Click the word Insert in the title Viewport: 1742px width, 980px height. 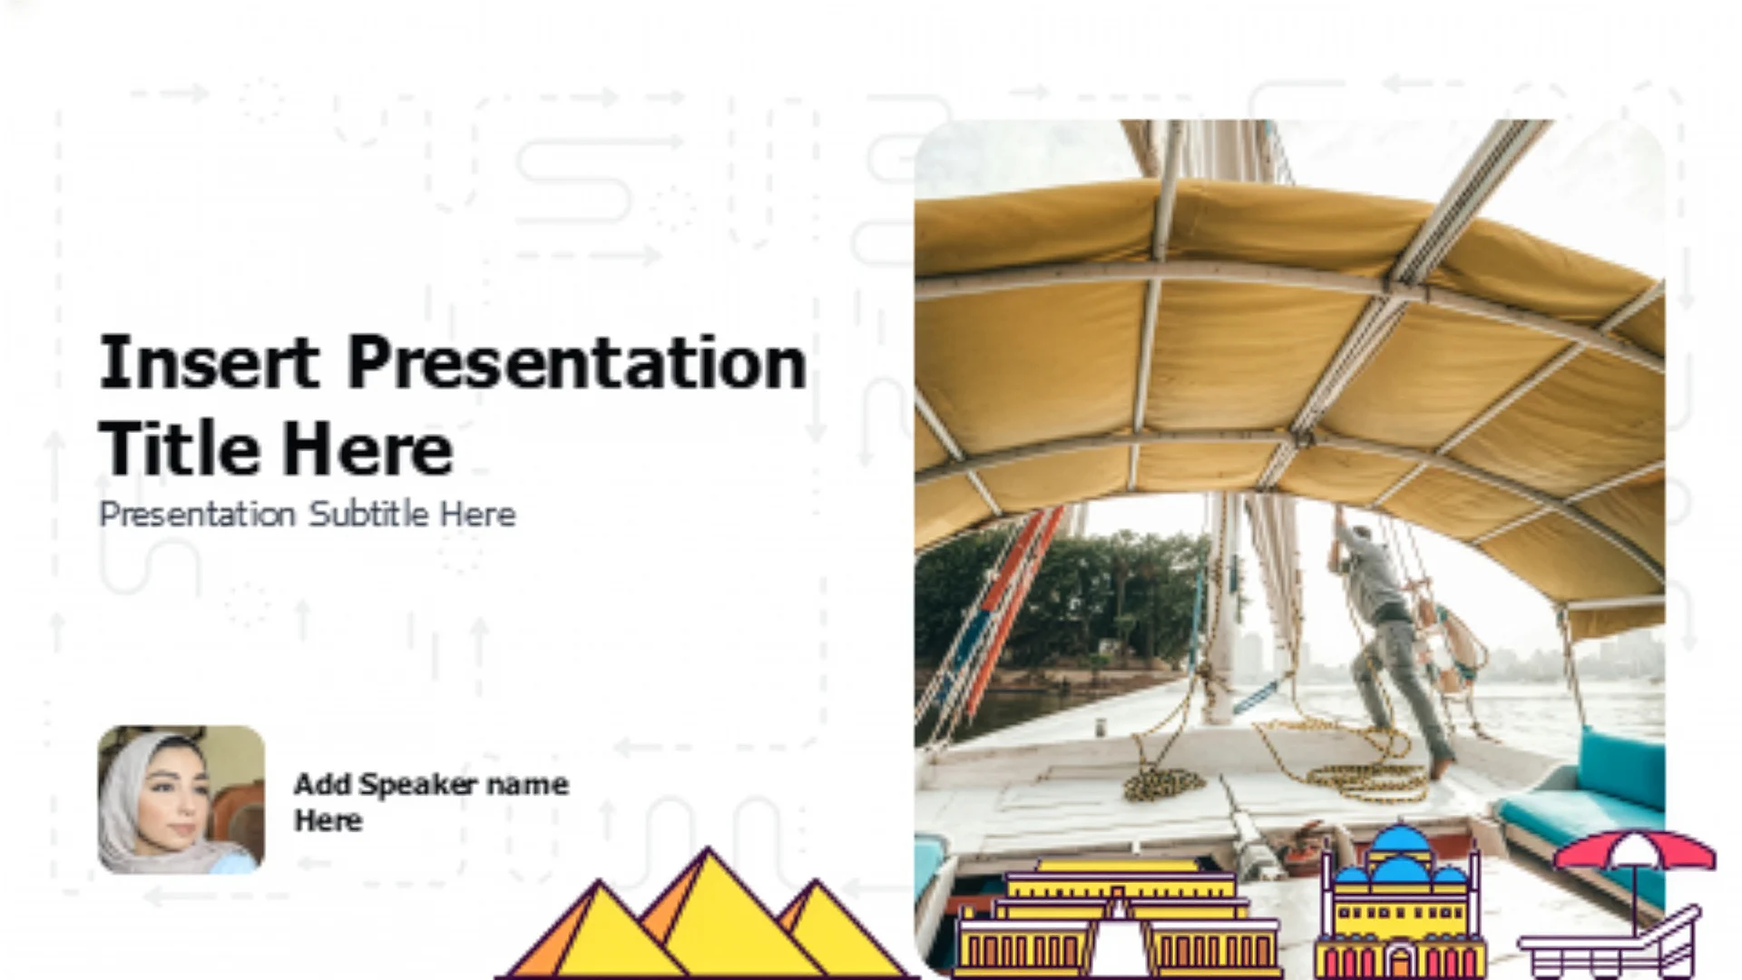(210, 362)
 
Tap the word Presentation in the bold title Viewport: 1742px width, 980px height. (577, 362)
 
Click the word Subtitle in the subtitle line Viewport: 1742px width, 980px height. (368, 514)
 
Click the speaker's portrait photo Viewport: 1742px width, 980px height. (181, 799)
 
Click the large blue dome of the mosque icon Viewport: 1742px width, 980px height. (1401, 848)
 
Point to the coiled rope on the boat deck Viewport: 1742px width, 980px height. (1165, 782)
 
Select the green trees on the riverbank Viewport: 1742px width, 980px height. (1062, 599)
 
